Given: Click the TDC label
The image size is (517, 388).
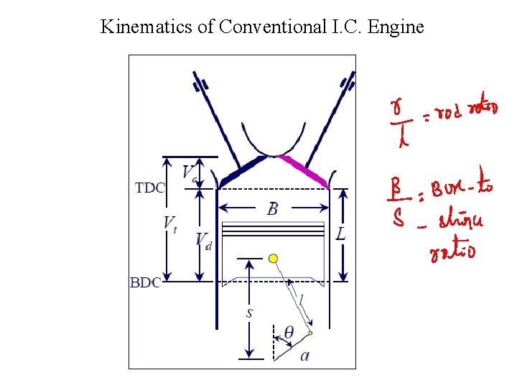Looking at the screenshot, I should (x=150, y=188).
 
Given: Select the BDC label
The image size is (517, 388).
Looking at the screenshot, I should (x=146, y=282).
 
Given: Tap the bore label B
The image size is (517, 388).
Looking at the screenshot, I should (x=273, y=209).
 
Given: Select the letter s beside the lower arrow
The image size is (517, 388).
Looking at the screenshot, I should (x=249, y=313).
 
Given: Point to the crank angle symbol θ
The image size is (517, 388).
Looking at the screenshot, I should (x=289, y=333).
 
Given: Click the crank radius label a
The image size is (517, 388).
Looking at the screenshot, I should (x=305, y=355).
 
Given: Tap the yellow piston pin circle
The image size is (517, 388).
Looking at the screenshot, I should (x=273, y=258).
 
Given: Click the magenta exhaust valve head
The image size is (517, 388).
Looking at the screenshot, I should (x=305, y=170).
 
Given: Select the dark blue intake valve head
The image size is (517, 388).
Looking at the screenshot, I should (x=241, y=170).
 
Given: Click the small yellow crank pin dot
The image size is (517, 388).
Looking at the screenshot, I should (x=310, y=333).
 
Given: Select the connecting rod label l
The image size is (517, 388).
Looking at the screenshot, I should (x=302, y=297).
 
